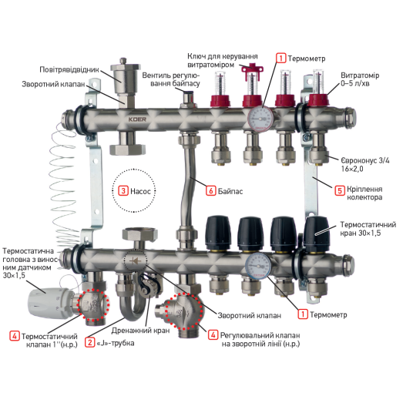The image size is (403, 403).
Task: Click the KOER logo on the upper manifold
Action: coord(137,119)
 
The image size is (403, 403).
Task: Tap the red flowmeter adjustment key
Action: coord(252,70)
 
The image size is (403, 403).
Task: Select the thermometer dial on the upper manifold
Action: coord(260,119)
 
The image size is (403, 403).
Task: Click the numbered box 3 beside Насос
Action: coord(123,190)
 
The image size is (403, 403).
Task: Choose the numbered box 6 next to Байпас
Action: coord(211,190)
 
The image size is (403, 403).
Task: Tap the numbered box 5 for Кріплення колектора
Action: coord(340,190)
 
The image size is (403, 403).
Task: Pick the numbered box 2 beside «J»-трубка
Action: coord(89,342)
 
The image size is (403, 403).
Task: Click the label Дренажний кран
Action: coord(140,331)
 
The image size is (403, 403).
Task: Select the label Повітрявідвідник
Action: coord(69,69)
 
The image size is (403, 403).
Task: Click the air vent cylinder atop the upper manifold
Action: coord(125,75)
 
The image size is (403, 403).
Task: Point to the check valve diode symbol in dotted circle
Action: coord(136,262)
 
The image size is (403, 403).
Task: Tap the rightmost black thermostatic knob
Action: coord(317,234)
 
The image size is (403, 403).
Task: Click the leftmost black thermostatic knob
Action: coord(218,233)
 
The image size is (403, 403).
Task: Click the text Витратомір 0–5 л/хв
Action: coord(360,79)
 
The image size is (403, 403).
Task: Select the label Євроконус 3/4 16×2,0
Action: coord(364,165)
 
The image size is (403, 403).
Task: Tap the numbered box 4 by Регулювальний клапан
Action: coord(213,335)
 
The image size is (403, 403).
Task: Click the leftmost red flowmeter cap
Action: coord(220,101)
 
